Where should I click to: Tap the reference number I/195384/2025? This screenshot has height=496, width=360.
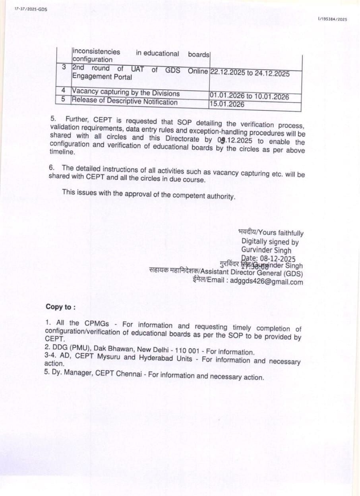(x=333, y=19)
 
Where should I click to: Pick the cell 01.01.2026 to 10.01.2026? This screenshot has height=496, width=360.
(x=249, y=96)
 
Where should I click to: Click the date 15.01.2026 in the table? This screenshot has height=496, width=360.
(x=227, y=104)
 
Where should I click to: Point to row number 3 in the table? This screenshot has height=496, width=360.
(x=64, y=67)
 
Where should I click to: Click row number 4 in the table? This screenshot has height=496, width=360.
(x=63, y=91)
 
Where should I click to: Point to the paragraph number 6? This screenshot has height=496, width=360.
(x=51, y=168)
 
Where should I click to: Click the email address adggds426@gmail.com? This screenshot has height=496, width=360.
(x=267, y=282)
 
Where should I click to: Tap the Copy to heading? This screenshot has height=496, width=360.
(x=60, y=307)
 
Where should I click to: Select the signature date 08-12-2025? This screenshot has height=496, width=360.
(x=277, y=259)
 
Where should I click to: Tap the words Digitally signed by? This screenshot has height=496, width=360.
(x=270, y=241)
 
